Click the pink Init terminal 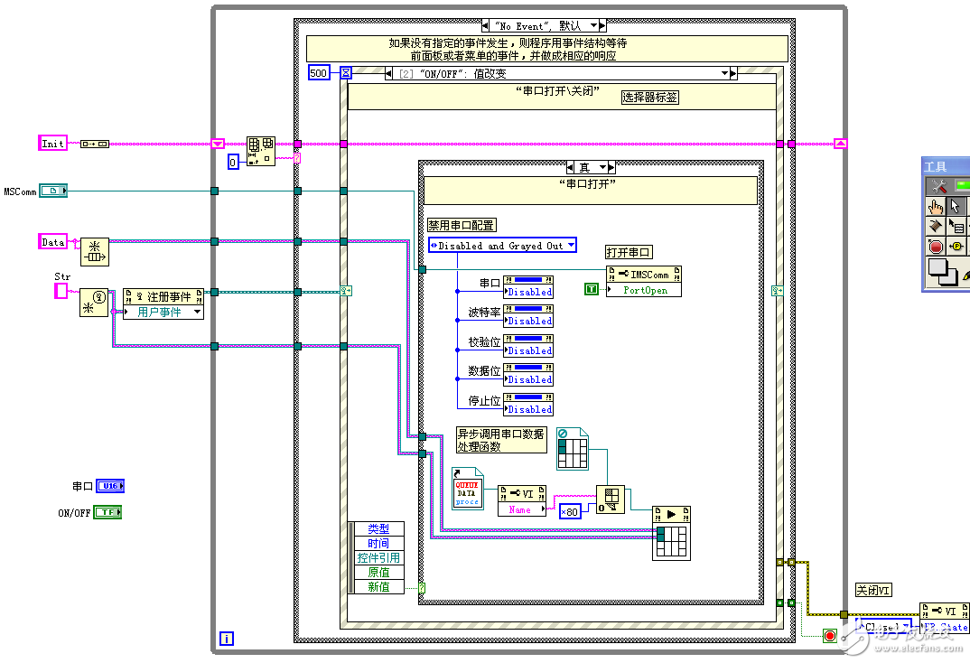tap(53, 143)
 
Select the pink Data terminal tap(53, 241)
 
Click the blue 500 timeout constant tap(319, 73)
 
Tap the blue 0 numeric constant tap(233, 162)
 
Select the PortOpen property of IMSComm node tap(645, 291)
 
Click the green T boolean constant tap(592, 289)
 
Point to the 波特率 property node tap(528, 315)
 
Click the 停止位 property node tap(528, 404)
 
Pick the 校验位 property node tap(528, 345)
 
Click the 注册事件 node tap(163, 295)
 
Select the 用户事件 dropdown tap(163, 312)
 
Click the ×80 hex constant tap(569, 512)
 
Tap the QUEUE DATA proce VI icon tap(467, 488)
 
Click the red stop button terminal tap(830, 636)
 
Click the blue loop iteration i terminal tap(227, 639)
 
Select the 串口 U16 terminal tap(109, 486)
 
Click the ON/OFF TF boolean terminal tap(107, 512)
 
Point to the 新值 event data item tap(378, 587)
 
